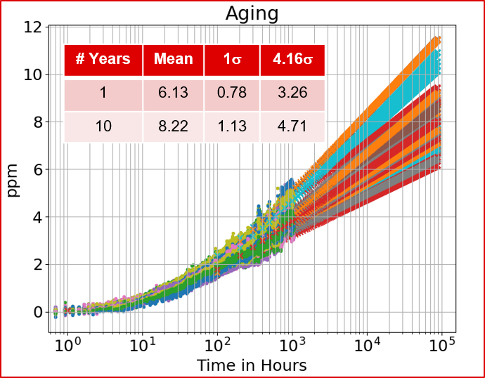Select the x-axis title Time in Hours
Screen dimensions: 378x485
[x=252, y=365]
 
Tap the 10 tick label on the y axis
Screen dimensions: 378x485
[x=33, y=74]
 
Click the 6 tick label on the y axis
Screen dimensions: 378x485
[x=37, y=169]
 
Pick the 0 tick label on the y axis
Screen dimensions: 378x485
[x=37, y=312]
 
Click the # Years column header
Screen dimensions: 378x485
[x=103, y=60]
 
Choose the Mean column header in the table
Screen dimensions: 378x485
[x=173, y=60]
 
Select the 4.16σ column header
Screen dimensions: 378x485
[x=292, y=60]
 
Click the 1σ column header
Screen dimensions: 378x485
[x=232, y=60]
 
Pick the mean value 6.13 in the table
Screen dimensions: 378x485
[x=173, y=93]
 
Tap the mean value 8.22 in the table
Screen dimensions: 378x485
[x=173, y=127]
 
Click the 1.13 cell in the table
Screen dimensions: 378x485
[x=232, y=127]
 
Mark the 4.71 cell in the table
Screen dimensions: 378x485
[x=292, y=127]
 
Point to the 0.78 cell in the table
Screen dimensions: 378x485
[x=232, y=93]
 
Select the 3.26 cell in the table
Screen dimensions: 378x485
[x=292, y=93]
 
